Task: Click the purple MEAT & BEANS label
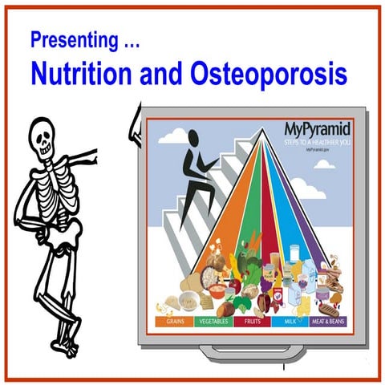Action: click(326, 320)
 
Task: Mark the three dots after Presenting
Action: click(120, 40)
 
